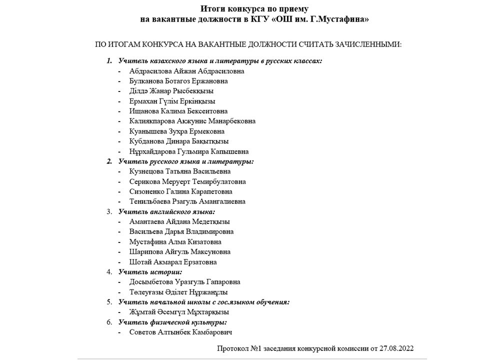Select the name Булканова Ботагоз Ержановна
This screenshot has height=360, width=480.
pyautogui.click(x=178, y=81)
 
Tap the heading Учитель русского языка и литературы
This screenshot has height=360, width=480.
pyautogui.click(x=186, y=161)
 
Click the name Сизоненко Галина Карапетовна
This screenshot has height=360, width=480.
pyautogui.click(x=180, y=191)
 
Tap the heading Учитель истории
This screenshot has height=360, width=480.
pyautogui.click(x=150, y=272)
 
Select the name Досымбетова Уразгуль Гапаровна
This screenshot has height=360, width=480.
pyautogui.click(x=184, y=282)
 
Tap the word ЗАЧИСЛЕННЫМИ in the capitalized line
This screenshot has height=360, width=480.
pyautogui.click(x=364, y=44)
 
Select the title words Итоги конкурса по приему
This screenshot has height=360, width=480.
pyautogui.click(x=254, y=9)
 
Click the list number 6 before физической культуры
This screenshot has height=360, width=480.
pyautogui.click(x=109, y=322)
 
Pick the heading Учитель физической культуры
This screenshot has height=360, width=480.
pyautogui.click(x=172, y=322)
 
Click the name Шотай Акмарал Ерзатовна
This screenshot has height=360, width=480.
pyautogui.click(x=172, y=262)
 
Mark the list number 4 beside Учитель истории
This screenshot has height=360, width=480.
pyautogui.click(x=109, y=272)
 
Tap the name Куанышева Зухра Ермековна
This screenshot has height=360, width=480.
pyautogui.click(x=176, y=131)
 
